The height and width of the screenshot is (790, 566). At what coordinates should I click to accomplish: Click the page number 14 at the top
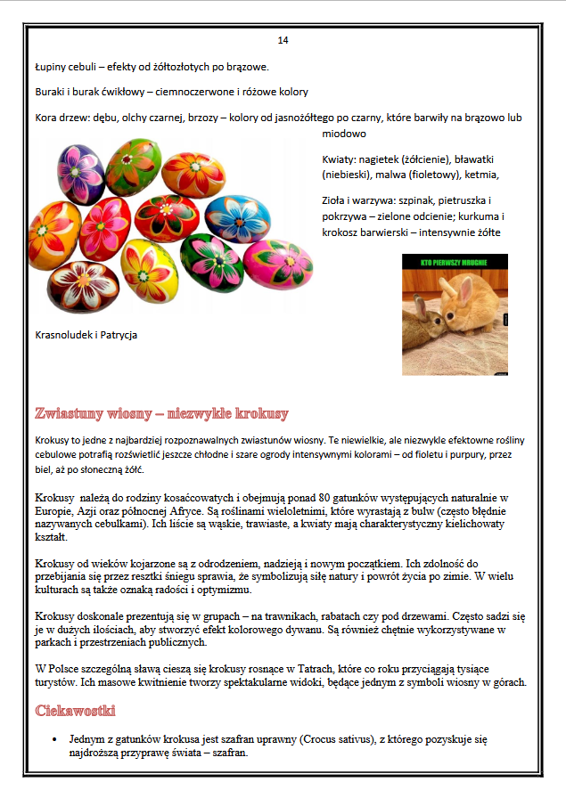(x=283, y=40)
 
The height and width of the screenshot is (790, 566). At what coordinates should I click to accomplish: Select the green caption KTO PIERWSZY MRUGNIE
(x=455, y=263)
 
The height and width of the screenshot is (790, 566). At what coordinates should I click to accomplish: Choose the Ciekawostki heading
(x=75, y=711)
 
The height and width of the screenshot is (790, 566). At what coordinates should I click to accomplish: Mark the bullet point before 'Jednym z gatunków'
(x=55, y=739)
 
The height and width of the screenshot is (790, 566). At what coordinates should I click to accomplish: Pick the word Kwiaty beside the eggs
(x=340, y=159)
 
